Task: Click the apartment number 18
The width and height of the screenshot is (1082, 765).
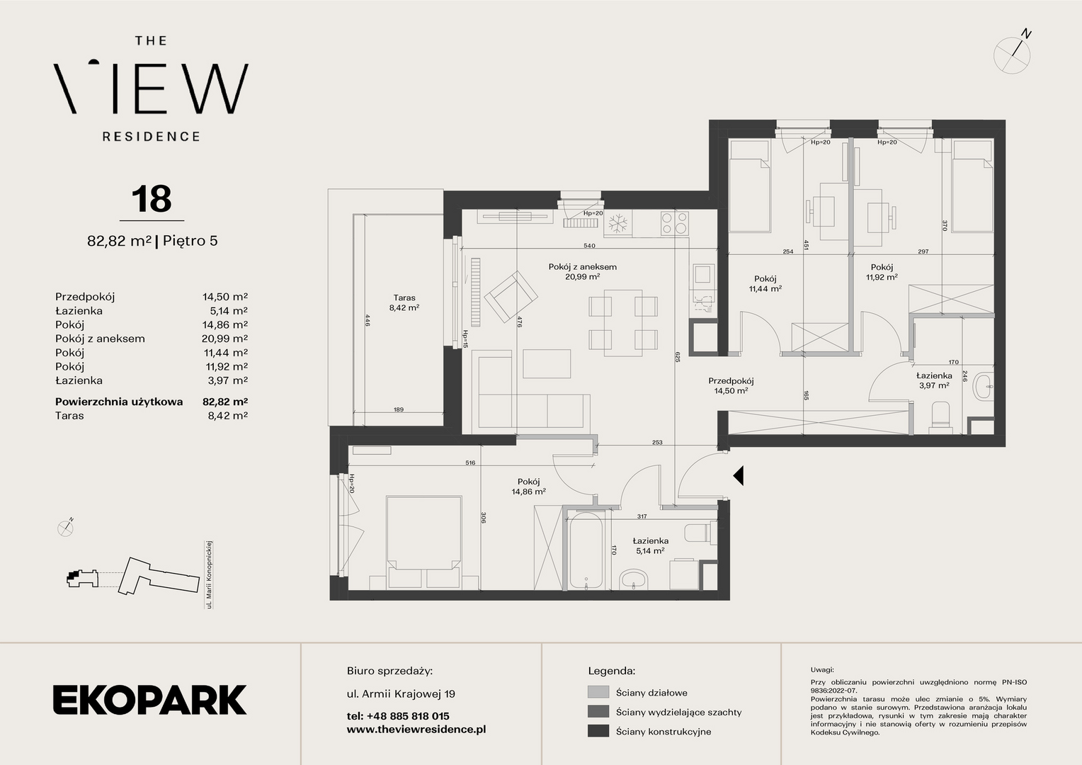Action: (x=152, y=198)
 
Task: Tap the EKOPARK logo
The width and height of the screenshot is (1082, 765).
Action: (x=149, y=699)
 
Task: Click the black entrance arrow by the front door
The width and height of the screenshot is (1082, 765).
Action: (x=738, y=475)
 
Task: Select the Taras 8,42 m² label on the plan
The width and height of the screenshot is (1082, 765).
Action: (x=404, y=302)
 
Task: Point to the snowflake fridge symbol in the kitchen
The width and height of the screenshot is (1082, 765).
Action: (x=617, y=224)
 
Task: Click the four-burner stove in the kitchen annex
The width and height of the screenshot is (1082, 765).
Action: (x=675, y=224)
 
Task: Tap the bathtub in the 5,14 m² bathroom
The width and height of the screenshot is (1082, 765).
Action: (x=586, y=551)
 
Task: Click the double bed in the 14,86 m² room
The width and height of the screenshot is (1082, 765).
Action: (x=423, y=541)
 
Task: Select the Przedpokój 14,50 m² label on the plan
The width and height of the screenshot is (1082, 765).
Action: (x=731, y=385)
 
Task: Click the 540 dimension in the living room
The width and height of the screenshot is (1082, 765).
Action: (x=589, y=246)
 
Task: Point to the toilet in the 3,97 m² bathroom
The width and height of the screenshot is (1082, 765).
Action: (x=940, y=417)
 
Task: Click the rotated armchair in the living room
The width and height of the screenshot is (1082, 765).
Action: (x=511, y=297)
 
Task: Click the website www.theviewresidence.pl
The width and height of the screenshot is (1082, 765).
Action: (x=416, y=730)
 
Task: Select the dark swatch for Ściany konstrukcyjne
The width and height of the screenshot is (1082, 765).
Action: (x=598, y=731)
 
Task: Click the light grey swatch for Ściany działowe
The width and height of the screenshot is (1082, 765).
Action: (x=598, y=692)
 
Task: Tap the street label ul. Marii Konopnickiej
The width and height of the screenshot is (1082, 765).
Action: (x=209, y=574)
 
